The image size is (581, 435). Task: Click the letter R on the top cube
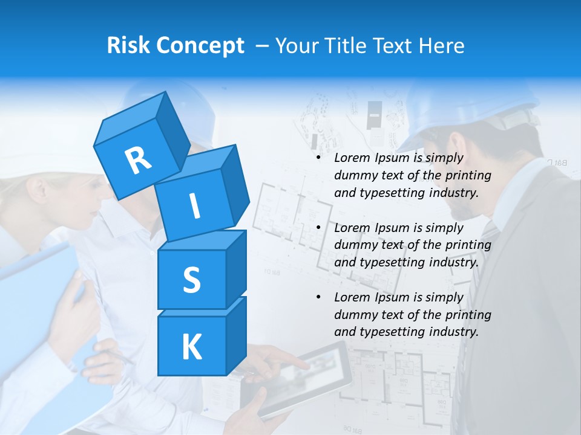coord(138,160)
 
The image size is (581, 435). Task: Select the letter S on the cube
coord(191,280)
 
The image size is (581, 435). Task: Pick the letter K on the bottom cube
coord(191,347)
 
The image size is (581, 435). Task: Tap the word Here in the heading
coord(442,45)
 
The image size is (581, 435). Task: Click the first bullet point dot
coord(318,158)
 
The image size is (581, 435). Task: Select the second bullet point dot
coord(318,228)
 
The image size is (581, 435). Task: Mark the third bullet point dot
coord(318,297)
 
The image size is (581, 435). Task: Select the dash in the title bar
coord(262,46)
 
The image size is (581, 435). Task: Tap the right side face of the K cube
coord(236,335)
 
